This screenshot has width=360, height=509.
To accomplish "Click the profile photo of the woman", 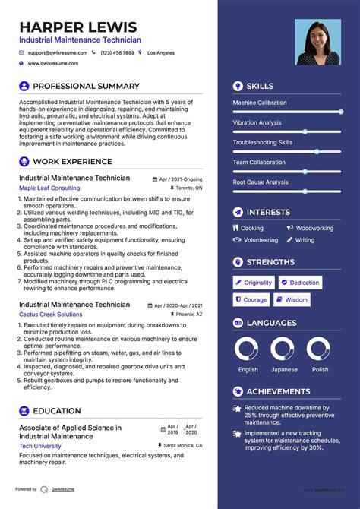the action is [317, 42].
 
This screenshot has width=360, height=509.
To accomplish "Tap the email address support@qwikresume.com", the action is [58, 53].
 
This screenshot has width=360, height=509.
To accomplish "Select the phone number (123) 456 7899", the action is [117, 53].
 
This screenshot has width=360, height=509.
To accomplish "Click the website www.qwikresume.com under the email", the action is [55, 64].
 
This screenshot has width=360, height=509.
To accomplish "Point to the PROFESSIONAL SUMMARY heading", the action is [86, 87].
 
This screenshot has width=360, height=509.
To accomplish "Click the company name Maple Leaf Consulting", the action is [49, 188].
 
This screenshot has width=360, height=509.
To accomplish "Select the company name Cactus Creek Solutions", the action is [51, 314].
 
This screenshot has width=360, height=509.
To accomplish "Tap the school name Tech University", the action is [40, 446].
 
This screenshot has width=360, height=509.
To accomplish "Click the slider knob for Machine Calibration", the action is [341, 112].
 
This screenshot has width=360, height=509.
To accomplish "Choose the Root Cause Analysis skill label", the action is [261, 182].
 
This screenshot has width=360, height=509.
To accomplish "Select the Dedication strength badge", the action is [300, 283].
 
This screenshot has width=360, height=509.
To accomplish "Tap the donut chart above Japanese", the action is [284, 349].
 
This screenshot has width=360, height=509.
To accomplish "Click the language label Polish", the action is [320, 370].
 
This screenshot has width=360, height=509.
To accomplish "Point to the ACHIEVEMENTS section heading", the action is [278, 392].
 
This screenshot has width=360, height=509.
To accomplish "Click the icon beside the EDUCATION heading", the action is [24, 411].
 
